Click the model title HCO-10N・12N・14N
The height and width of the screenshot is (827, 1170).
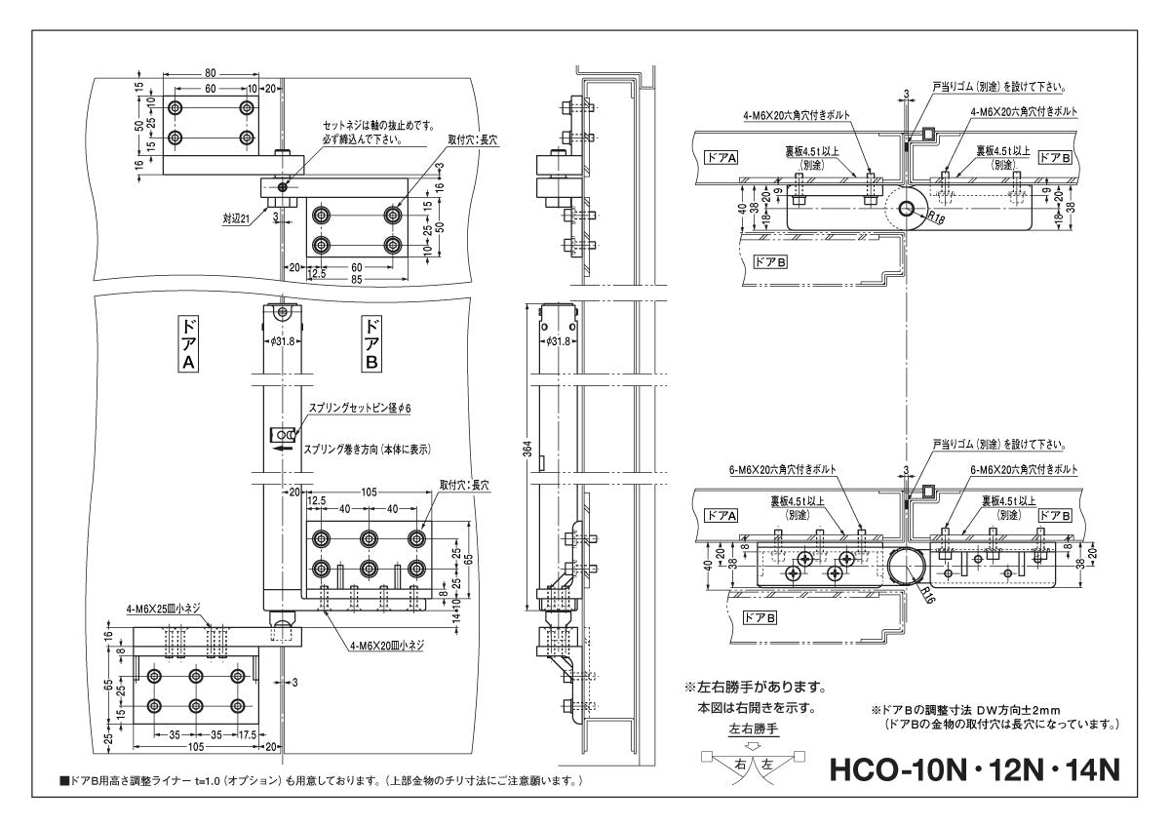coord(973,769)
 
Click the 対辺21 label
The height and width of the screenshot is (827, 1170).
coord(238,219)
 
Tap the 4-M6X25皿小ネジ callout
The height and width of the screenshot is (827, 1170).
coord(164,609)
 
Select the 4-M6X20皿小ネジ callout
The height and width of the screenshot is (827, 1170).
coord(390,645)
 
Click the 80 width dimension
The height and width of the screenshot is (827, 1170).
coord(211,72)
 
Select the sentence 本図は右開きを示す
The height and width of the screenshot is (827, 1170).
coord(758,707)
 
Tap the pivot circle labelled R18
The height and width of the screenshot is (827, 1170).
coord(907,209)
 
